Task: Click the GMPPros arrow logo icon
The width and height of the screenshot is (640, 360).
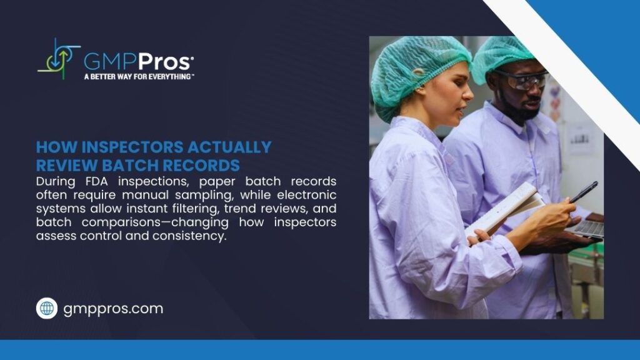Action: (x=58, y=59)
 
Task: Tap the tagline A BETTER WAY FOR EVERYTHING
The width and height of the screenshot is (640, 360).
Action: (x=139, y=77)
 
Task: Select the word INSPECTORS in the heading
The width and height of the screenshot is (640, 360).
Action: (x=128, y=147)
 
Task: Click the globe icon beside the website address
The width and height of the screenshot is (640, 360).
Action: (x=47, y=308)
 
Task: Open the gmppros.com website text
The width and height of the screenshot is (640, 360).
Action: (x=113, y=309)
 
